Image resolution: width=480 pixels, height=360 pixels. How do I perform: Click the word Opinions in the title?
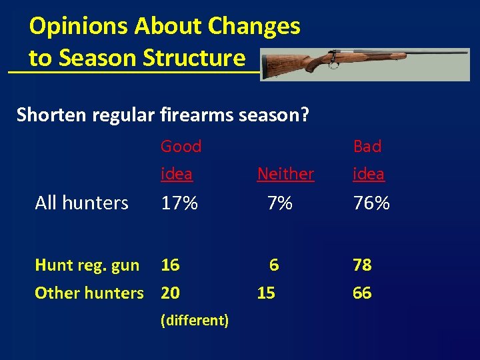71,27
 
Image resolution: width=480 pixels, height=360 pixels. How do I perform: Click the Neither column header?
285,174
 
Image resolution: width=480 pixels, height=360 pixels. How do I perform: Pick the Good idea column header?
181,160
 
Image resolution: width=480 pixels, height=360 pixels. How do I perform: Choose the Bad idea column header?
368,160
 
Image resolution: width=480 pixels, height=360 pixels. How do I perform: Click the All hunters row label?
81,203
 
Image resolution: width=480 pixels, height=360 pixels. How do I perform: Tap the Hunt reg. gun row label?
87,265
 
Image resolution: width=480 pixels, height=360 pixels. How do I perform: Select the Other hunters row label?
89,293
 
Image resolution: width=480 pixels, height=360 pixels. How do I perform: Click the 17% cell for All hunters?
179,203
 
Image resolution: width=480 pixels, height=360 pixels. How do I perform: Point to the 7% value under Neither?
280,203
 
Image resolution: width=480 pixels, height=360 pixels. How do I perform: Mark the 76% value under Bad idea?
371,203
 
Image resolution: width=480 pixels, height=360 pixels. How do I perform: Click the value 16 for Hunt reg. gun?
170,265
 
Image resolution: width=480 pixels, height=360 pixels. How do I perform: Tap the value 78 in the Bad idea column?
362,265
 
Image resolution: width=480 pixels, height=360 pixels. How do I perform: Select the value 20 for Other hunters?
170,293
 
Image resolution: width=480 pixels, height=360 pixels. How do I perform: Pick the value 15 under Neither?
266,293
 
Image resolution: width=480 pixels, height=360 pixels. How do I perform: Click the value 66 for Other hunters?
362,293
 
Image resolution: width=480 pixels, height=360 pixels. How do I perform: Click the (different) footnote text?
195,321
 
